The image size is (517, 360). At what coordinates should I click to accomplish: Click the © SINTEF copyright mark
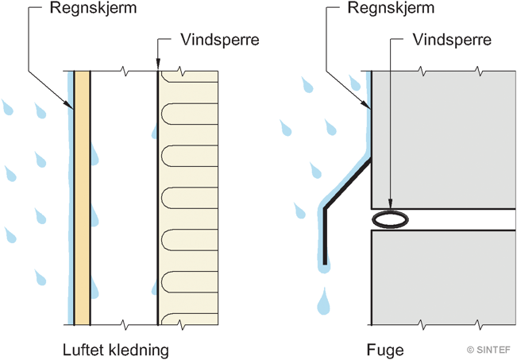(x=489, y=349)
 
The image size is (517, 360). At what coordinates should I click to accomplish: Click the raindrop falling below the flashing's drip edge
(x=323, y=302)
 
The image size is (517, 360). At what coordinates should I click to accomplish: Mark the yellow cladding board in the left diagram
(x=82, y=199)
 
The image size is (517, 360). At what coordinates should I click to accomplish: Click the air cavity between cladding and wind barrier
(x=124, y=199)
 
